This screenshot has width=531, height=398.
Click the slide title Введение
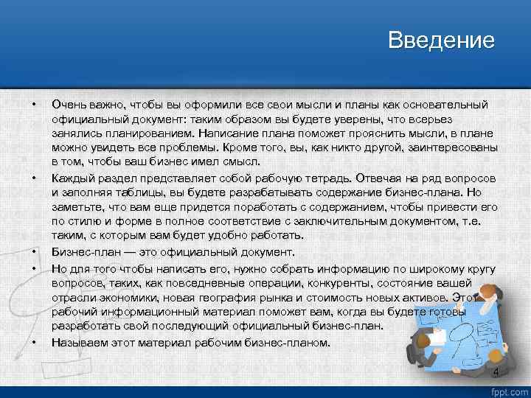(441, 40)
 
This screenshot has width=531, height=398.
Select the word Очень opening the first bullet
(69, 105)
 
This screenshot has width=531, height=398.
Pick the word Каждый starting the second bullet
(71, 178)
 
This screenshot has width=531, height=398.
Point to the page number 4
(496, 372)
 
